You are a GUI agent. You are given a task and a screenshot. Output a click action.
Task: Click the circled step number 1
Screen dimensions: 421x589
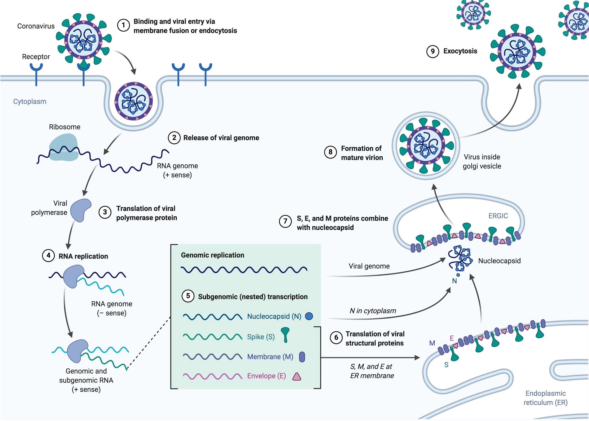123,25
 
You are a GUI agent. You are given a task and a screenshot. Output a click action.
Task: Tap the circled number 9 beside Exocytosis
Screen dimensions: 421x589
433,52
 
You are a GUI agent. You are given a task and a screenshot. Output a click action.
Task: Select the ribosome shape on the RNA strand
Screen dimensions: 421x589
64,147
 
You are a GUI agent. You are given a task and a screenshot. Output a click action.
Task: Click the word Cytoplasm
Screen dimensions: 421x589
30,102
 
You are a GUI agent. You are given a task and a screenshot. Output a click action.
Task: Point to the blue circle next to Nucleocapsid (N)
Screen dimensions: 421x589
309,316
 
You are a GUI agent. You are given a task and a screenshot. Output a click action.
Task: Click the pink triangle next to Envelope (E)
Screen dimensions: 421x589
297,377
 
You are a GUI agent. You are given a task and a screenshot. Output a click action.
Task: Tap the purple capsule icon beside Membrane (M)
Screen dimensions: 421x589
302,357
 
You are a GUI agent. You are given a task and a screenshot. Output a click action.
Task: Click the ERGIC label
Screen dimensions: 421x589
498,216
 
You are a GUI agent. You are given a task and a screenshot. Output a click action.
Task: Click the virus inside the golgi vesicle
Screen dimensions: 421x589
426,146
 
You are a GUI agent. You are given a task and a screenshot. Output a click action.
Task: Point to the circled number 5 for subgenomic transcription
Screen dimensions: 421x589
188,296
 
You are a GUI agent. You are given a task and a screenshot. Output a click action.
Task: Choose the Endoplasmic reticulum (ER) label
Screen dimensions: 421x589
545,398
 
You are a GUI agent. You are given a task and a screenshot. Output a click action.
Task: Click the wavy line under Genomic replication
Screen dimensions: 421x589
244,270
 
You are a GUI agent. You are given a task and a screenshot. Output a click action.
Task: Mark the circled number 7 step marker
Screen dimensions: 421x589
285,221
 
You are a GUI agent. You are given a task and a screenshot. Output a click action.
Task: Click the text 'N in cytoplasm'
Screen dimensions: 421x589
373,311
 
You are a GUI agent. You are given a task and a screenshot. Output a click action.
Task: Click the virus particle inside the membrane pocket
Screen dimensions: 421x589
134,101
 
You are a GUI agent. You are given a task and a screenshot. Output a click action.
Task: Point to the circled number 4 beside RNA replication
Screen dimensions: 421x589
48,256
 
